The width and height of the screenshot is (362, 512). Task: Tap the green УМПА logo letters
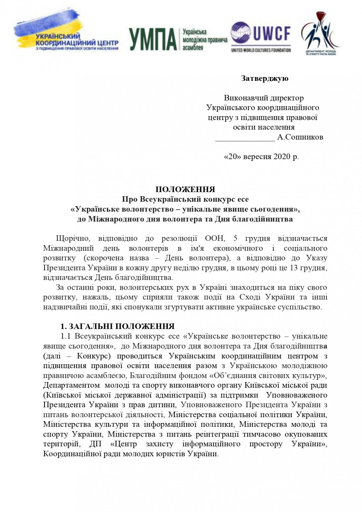point(152,40)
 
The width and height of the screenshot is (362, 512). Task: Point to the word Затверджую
point(265,78)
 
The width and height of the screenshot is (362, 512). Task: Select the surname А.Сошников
point(300,137)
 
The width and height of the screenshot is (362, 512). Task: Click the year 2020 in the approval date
point(282,157)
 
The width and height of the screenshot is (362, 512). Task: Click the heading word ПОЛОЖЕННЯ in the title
point(185,190)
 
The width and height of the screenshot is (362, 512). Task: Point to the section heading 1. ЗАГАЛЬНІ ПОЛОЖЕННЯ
point(118,327)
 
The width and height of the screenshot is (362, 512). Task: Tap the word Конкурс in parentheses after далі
point(94,356)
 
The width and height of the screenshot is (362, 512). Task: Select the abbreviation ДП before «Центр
point(95,444)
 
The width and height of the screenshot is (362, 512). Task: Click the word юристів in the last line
point(171,454)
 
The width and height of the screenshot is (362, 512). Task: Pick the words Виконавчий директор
point(264,98)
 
